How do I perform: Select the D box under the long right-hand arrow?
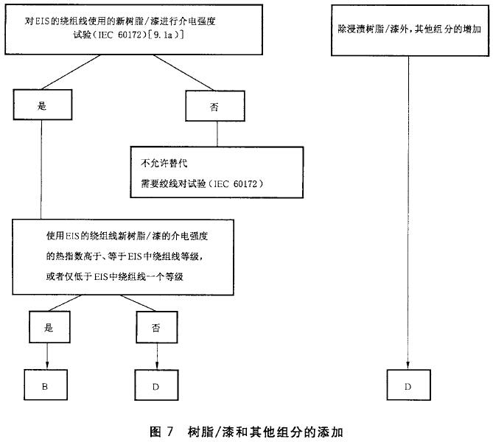pos(408,384)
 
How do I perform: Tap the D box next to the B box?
pos(157,384)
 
